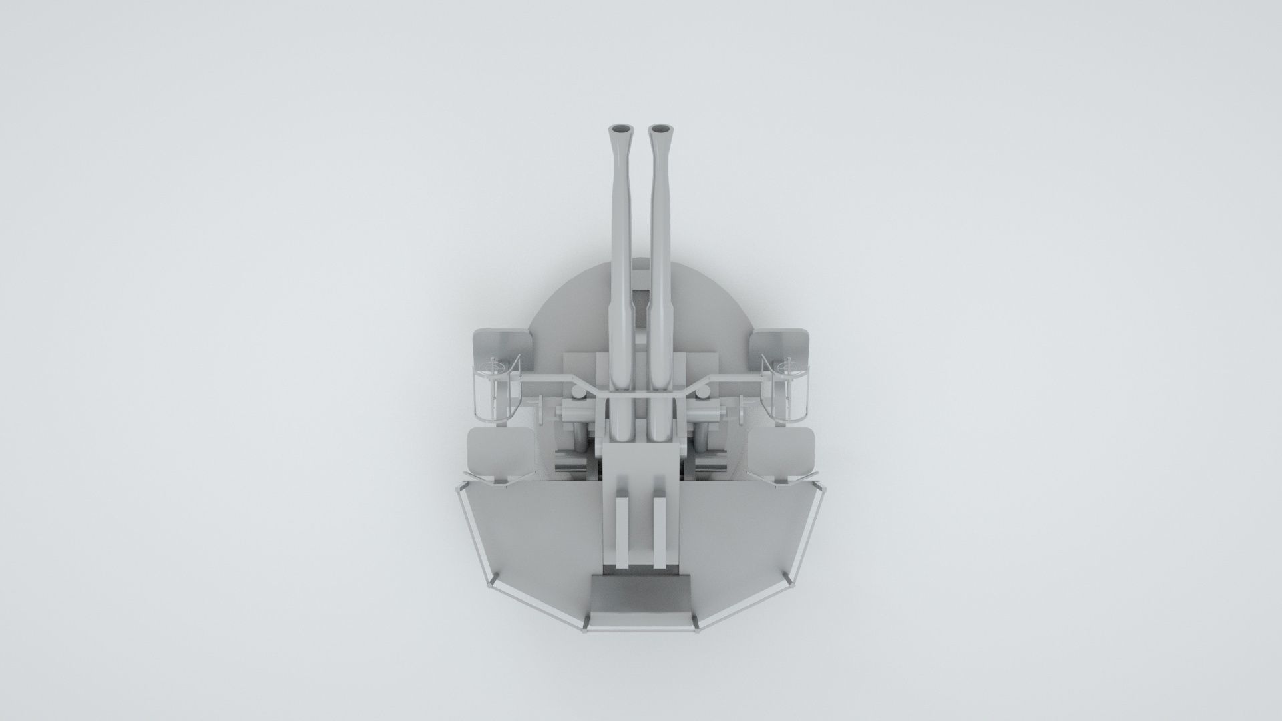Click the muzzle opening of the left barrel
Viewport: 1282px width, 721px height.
[620, 128]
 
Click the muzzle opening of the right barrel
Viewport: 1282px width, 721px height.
[660, 128]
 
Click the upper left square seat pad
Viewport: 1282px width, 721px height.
[503, 348]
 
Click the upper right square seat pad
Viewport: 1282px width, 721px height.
[779, 348]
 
